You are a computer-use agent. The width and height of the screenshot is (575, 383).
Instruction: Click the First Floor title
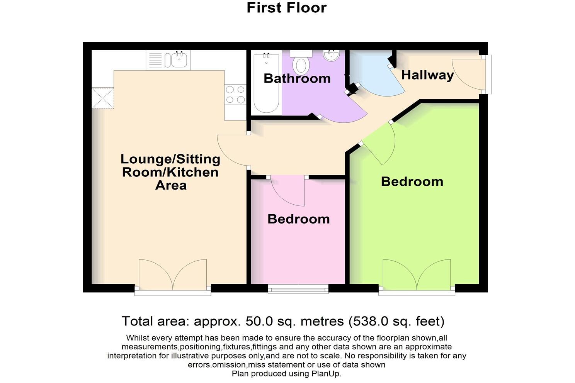(x=286, y=8)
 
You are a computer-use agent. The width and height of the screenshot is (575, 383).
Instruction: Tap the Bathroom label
(x=297, y=78)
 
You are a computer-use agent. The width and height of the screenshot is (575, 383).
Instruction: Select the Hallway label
(x=427, y=75)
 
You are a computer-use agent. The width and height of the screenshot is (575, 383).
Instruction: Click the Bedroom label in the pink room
(x=298, y=219)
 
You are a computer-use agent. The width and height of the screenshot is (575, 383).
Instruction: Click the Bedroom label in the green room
(x=412, y=181)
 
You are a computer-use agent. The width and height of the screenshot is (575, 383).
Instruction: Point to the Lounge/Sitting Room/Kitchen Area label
(x=170, y=172)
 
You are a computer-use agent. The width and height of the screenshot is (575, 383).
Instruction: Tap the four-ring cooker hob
(x=235, y=95)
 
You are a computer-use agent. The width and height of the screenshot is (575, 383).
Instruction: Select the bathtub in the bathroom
(x=266, y=83)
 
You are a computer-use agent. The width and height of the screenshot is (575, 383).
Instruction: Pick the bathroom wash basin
(x=331, y=56)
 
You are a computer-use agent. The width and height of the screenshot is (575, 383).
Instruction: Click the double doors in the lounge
(x=173, y=275)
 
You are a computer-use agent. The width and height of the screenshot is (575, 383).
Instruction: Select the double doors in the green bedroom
(x=417, y=275)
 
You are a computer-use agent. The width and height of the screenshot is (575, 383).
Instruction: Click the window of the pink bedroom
(x=298, y=289)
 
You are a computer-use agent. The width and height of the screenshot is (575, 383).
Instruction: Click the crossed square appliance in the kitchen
(x=103, y=98)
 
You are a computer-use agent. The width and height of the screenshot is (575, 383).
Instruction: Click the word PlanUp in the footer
(x=327, y=374)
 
